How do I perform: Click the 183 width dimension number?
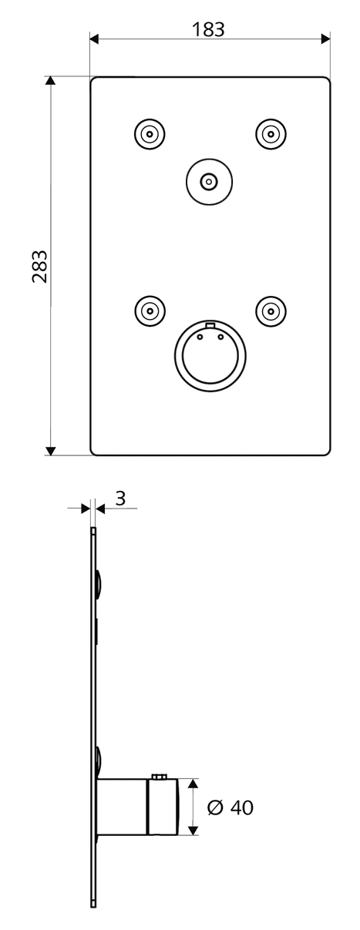pyautogui.click(x=208, y=30)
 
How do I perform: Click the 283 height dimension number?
pyautogui.click(x=40, y=266)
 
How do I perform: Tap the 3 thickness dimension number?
pyautogui.click(x=120, y=498)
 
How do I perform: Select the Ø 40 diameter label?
pyautogui.click(x=230, y=807)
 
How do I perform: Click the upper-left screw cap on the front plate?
pyautogui.click(x=150, y=134)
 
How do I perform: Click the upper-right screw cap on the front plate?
pyautogui.click(x=271, y=134)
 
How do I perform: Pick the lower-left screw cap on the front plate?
pyautogui.click(x=150, y=311)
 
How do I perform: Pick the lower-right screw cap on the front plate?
pyautogui.click(x=271, y=311)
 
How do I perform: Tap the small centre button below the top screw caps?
pyautogui.click(x=209, y=181)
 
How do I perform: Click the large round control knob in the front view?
pyautogui.click(x=210, y=356)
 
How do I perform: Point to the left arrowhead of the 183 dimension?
pyautogui.click(x=95, y=39)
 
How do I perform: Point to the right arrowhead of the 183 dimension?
pyautogui.click(x=325, y=39)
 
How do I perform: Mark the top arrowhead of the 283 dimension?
pyautogui.click(x=50, y=81)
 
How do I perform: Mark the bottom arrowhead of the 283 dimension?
pyautogui.click(x=50, y=451)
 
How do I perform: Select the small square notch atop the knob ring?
pyautogui.click(x=210, y=324)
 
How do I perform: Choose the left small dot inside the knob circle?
pyautogui.click(x=200, y=337)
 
